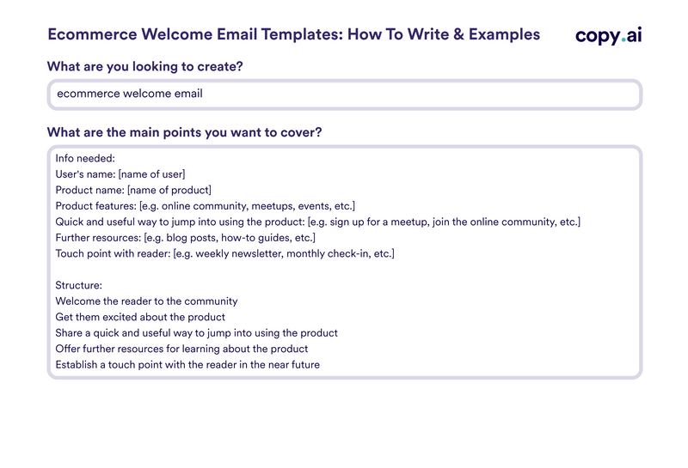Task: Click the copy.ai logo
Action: [x=608, y=35]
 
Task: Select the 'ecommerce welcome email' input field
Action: [x=344, y=94]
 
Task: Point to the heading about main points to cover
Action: [x=185, y=132]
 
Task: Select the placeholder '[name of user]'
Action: [x=151, y=174]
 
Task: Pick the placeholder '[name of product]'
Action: [x=169, y=190]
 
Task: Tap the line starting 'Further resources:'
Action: [x=185, y=238]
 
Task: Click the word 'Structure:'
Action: [x=79, y=285]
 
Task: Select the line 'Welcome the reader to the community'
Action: [x=146, y=301]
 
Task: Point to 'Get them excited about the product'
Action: [x=140, y=317]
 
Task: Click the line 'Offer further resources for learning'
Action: [x=181, y=349]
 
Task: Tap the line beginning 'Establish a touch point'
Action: [x=187, y=364]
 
